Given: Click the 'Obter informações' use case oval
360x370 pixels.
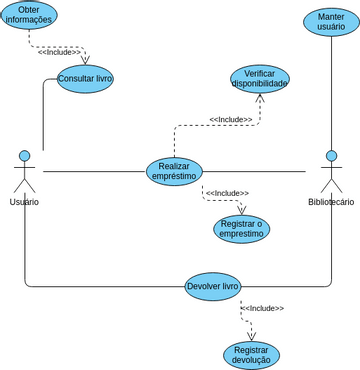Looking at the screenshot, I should [x=29, y=15].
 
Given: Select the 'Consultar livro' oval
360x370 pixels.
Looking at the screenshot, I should [x=85, y=78].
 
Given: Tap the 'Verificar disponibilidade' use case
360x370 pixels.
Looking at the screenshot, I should [x=259, y=79].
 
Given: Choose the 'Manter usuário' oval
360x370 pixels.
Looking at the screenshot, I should [x=331, y=22].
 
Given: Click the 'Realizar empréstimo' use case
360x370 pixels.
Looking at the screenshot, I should [x=174, y=171].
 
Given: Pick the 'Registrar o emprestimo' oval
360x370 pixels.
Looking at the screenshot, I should [x=241, y=229].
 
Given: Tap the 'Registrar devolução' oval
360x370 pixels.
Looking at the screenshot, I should [x=251, y=355].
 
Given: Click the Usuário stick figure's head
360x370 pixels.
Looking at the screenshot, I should [x=24, y=156].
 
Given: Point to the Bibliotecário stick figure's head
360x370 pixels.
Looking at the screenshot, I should [x=331, y=156].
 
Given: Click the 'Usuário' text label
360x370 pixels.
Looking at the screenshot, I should [x=24, y=202].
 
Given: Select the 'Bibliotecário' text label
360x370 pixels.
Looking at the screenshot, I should [x=331, y=202].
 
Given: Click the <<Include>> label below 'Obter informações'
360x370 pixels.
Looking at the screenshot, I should [x=66, y=52].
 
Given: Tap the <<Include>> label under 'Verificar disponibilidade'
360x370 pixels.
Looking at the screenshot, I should [x=231, y=119].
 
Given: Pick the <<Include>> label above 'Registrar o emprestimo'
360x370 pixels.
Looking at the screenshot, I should [x=227, y=193].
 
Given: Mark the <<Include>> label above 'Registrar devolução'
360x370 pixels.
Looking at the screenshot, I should [x=262, y=308].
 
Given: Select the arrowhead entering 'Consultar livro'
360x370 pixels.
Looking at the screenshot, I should [x=85, y=61].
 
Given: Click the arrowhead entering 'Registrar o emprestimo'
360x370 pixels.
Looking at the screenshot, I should [x=241, y=210].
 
